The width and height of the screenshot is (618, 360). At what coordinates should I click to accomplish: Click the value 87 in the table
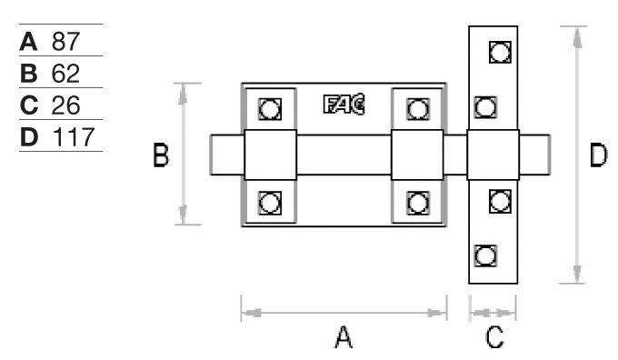click(65, 42)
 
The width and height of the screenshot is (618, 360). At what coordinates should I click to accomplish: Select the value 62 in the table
click(65, 74)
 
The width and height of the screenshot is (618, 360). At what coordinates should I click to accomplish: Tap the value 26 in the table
click(65, 105)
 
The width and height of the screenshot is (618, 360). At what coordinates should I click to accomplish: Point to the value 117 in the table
click(74, 137)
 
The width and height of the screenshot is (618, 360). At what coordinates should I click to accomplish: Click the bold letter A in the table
click(28, 42)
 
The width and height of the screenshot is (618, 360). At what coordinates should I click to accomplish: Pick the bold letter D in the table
click(29, 137)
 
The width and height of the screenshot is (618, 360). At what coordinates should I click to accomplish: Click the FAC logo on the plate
click(344, 105)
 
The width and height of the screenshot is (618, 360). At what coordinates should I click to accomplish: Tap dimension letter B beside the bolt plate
click(161, 155)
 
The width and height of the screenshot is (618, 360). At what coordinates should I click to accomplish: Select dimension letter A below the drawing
click(344, 337)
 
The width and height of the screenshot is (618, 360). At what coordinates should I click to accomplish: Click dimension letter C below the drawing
click(494, 337)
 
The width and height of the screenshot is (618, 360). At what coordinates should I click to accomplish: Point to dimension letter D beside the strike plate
click(598, 155)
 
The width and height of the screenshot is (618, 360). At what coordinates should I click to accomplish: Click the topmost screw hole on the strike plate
click(500, 52)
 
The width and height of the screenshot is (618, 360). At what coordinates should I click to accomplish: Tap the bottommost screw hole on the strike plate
click(485, 255)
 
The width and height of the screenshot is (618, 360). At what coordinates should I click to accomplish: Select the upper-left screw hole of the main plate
click(270, 109)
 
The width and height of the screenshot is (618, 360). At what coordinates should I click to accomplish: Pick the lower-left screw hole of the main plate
click(270, 204)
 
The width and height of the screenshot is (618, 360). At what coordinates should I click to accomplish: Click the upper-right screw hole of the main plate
click(418, 109)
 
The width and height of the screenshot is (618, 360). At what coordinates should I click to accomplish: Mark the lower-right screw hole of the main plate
click(418, 204)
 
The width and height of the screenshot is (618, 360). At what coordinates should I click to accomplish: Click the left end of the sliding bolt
click(211, 155)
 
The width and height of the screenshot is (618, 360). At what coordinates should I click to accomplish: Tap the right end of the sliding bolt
click(549, 155)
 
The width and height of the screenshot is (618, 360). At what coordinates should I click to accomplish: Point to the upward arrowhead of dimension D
click(577, 39)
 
